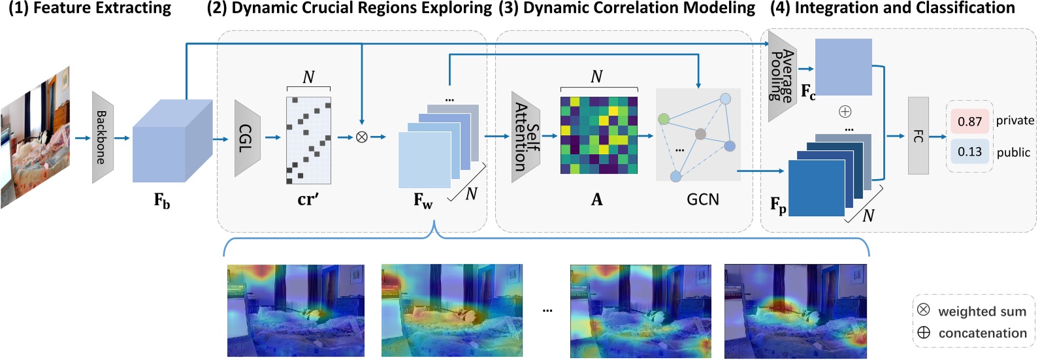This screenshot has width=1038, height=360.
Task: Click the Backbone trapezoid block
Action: [x=103, y=137]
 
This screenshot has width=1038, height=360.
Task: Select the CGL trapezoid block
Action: [x=247, y=138]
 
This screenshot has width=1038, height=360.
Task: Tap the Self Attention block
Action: [x=525, y=137]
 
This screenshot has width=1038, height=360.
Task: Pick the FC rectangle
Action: [x=918, y=136]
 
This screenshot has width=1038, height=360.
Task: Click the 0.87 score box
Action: [x=969, y=122]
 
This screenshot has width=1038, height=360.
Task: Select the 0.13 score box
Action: [x=969, y=152]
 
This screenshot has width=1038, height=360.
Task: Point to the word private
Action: [x=1014, y=120]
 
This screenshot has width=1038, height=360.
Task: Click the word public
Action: [x=1013, y=152]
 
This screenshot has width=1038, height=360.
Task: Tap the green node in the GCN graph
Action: [x=664, y=119]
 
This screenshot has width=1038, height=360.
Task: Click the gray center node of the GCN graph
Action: [x=700, y=134]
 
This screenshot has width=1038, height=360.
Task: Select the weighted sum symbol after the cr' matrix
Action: [x=361, y=137]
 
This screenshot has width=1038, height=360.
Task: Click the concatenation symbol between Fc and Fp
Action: [x=845, y=112]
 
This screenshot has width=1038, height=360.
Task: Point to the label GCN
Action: [x=703, y=199]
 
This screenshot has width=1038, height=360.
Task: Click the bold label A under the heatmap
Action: [x=596, y=200]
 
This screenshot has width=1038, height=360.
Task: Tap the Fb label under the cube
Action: [x=162, y=201]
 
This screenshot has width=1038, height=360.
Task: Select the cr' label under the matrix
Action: [x=308, y=199]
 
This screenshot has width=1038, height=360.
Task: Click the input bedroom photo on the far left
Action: [x=35, y=138]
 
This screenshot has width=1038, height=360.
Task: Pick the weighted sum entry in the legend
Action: [x=973, y=311]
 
